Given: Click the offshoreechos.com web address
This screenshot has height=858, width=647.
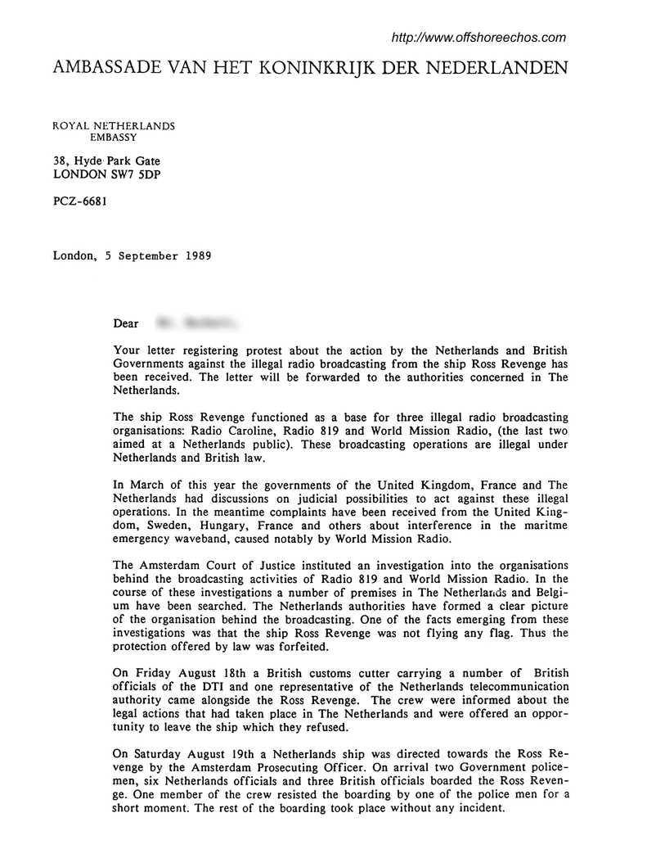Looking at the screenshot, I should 479,38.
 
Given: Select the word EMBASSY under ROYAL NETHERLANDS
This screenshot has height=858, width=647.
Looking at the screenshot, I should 114,138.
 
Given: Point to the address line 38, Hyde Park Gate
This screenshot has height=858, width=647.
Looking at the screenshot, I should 106,162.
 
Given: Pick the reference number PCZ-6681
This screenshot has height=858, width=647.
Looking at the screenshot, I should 79,199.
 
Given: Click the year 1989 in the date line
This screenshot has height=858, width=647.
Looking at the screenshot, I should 195,255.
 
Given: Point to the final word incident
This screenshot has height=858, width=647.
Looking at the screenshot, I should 482,807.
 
